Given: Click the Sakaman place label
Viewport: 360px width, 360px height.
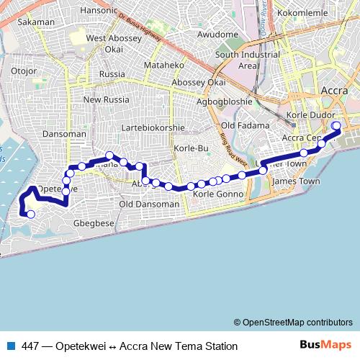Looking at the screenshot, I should (36, 22).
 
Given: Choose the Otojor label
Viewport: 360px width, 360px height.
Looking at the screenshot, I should (24, 71).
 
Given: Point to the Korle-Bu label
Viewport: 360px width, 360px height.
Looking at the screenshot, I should (191, 148).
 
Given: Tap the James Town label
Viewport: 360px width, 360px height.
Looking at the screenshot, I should (295, 181).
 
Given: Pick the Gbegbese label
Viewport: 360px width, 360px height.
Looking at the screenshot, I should (94, 224).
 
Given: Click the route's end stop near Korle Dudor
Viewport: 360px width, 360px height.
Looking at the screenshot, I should (336, 127).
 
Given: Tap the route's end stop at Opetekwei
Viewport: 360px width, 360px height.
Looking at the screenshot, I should (30, 214).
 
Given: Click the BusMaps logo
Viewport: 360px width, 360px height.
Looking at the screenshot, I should (325, 346).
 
